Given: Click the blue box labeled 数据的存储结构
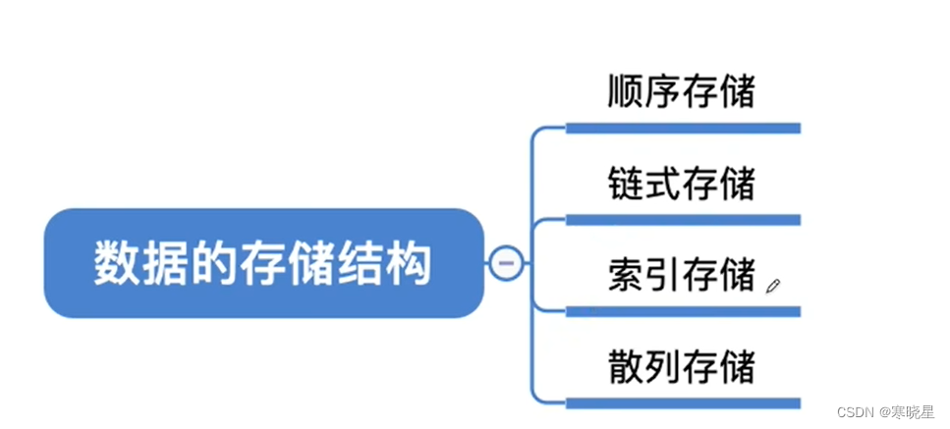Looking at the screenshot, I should (x=263, y=263).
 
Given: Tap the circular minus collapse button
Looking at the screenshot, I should (x=506, y=263).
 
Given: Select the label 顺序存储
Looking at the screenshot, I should (x=682, y=93).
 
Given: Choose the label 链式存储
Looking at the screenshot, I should (x=682, y=184).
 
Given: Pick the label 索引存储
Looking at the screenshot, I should (x=682, y=275).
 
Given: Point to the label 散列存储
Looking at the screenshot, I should (x=682, y=366).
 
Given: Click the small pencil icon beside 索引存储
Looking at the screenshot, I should (x=772, y=286).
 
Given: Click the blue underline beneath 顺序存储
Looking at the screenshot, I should (x=683, y=128).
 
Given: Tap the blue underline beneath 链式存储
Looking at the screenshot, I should (x=683, y=220).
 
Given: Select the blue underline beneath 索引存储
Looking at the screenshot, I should (x=683, y=311).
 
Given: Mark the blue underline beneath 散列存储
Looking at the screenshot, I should (x=683, y=402).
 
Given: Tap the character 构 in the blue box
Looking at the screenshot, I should (x=411, y=263).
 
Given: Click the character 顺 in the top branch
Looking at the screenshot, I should (x=626, y=93).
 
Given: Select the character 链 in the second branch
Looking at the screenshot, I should (x=626, y=184).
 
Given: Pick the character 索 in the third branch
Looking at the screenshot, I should (x=626, y=275).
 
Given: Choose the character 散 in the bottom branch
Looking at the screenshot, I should (x=626, y=366).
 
